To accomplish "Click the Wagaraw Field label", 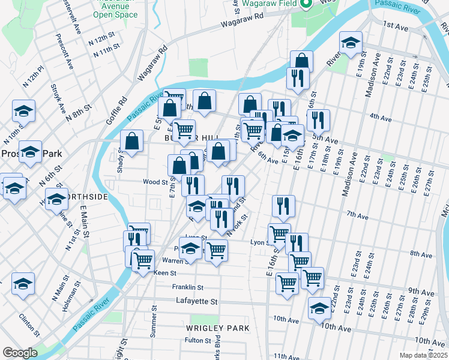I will (270, 4).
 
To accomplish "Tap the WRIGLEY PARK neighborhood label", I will (217, 328).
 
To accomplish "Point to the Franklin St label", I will (188, 287).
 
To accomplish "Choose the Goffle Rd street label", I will (117, 110).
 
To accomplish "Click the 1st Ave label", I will (396, 26).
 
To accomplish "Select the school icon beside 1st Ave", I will (351, 43).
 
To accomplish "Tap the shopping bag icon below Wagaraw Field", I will (301, 61).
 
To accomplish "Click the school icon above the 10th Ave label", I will (319, 308).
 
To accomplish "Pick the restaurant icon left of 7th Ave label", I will (283, 206).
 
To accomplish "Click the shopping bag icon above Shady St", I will (131, 142).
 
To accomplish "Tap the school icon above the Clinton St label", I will (23, 283).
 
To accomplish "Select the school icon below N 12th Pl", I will (23, 110).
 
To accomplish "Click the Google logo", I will (19, 353).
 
